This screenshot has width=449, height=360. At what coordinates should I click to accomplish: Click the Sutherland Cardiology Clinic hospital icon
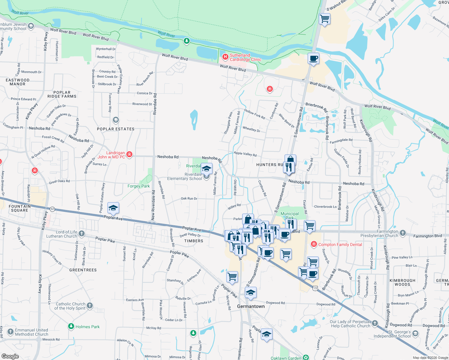[225, 57]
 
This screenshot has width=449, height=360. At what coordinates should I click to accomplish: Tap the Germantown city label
[251, 306]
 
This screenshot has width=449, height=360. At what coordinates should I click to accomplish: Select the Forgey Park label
[138, 186]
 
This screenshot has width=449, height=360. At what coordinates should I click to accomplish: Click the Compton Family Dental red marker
[314, 244]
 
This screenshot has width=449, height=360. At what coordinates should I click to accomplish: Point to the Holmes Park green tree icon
[71, 326]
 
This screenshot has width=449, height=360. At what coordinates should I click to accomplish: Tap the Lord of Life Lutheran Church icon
[82, 234]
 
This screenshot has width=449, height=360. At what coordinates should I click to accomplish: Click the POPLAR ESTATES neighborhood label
[116, 129]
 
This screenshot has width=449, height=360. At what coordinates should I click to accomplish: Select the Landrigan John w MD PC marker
[129, 154]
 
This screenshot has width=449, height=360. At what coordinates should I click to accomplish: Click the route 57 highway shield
[53, 209]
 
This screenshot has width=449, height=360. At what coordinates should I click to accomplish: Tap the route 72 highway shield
[315, 288]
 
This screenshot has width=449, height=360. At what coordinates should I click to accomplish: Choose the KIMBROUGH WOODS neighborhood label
[402, 282]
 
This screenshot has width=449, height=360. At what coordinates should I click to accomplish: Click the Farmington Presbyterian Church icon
[403, 233]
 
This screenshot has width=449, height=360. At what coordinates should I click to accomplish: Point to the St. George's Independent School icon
[415, 334]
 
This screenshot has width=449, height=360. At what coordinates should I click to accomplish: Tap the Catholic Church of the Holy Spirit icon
[90, 306]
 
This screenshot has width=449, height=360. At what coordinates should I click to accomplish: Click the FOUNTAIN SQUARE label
[20, 208]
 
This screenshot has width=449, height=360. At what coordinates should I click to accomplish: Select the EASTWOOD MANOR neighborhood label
[17, 82]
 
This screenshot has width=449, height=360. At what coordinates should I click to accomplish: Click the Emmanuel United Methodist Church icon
[11, 332]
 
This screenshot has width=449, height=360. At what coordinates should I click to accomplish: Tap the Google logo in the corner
[10, 356]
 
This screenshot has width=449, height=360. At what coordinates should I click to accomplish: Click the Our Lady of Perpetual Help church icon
[375, 323]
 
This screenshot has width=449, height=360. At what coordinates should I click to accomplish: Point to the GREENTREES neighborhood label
[83, 270]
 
